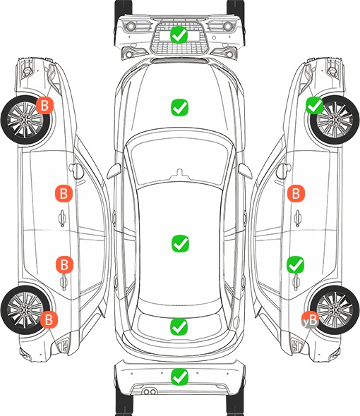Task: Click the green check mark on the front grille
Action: pos(179,35)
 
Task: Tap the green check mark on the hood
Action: pos(179,107)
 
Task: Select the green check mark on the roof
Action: pos(180,243)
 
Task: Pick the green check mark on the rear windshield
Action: pos(179,326)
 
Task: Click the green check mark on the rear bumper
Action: pos(179,377)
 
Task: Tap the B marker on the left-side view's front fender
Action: pos(44,105)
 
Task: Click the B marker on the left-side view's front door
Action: pos(64,193)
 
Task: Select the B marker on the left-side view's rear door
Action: pos(64,264)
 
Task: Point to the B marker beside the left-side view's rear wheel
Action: pos(49,319)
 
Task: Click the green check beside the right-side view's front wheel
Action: pos(315,105)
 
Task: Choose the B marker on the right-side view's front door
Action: pos(296,193)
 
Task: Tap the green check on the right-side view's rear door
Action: pos(295,264)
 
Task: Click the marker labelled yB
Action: pos(310,319)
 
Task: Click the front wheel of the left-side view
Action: pos(25,120)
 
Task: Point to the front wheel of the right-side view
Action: pos(335,120)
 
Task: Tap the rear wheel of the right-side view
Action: pos(335,310)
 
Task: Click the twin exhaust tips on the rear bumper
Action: pos(150,391)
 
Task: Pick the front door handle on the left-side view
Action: pos(62,218)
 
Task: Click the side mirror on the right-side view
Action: pos(284,171)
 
